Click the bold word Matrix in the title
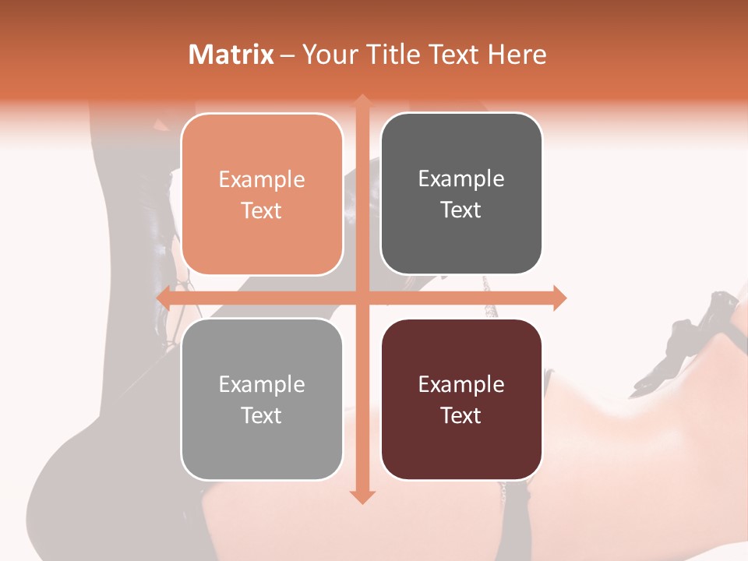click(231, 55)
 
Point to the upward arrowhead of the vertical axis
click(362, 100)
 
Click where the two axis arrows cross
click(362, 298)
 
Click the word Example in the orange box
click(262, 180)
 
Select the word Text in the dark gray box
click(461, 210)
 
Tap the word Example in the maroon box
click(461, 385)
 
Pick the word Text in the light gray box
click(262, 416)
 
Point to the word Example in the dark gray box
click(461, 179)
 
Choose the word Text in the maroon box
click(461, 416)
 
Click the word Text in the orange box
click(262, 211)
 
